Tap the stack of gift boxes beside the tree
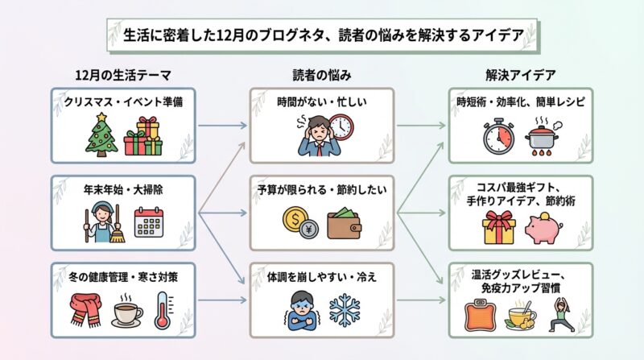(144, 135)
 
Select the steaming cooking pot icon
(543, 135)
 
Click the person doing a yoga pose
(564, 315)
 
